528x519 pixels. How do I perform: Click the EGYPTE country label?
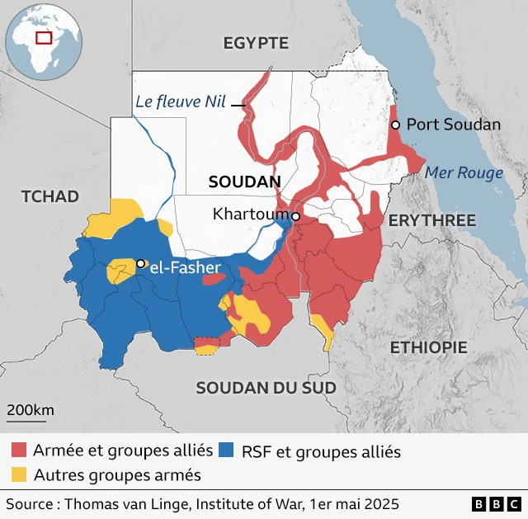coord(256,44)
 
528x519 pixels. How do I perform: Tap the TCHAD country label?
coord(50,196)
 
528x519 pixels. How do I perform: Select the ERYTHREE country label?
coord(431,220)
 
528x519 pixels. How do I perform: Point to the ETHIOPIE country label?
coord(428,347)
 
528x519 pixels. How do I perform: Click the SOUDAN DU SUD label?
coord(266,388)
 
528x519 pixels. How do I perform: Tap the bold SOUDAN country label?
coord(245,182)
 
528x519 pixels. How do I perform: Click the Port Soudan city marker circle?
coord(395,125)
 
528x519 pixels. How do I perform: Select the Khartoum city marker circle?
coord(295,216)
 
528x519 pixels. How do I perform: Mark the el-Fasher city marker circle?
coord(140,264)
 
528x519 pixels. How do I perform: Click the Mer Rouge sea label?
coord(463,173)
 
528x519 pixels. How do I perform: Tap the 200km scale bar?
coord(31,416)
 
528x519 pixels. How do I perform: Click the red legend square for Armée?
coord(18,451)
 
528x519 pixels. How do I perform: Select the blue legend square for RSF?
coord(227,451)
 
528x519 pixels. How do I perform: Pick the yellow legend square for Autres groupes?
coord(18,474)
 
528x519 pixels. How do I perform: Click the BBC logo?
coord(496,503)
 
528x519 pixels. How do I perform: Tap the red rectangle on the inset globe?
coord(44,37)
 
